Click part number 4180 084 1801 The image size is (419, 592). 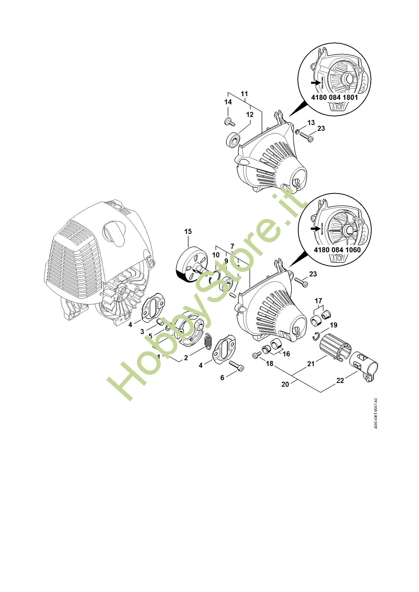(x=334, y=97)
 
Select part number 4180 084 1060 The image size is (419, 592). (x=337, y=250)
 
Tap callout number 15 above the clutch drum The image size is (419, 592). (x=188, y=231)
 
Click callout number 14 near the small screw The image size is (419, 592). (x=228, y=102)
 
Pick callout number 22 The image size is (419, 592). (x=340, y=380)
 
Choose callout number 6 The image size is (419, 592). (x=222, y=377)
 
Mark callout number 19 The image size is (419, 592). (x=334, y=325)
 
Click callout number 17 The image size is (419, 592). (x=318, y=301)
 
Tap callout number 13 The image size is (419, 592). (x=311, y=123)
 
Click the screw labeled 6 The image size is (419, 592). (x=236, y=366)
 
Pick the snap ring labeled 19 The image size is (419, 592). (x=317, y=336)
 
